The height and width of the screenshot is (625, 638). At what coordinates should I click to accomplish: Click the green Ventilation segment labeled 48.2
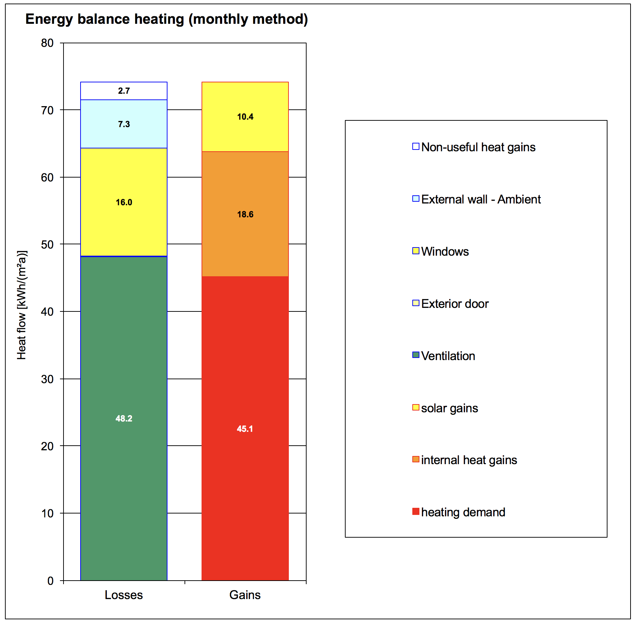pos(123,391)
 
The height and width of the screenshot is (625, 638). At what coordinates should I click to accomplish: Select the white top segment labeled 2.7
pos(123,91)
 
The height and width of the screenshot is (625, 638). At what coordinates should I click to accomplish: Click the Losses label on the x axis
pos(123,595)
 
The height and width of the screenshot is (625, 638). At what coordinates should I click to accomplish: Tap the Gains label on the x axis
pos(245,595)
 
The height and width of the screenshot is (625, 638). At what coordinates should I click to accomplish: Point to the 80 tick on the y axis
pos(47,43)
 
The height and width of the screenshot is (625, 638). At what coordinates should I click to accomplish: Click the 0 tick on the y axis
pos(50,581)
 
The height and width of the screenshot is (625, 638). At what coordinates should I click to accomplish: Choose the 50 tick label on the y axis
pos(47,245)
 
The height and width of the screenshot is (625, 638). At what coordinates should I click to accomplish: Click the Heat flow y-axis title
pos(22,305)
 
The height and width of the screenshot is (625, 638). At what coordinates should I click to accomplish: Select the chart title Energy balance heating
pos(166,19)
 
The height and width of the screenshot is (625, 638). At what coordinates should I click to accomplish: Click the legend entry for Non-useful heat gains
pos(478,147)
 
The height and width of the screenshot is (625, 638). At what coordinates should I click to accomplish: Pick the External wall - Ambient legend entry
pos(480,199)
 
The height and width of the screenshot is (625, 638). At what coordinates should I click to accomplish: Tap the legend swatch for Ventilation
pos(416,355)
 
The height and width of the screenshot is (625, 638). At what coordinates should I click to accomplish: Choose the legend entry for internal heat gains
pos(469,460)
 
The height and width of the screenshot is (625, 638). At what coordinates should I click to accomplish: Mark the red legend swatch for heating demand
pos(416,512)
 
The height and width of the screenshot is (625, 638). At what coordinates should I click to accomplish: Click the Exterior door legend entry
pos(455,304)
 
